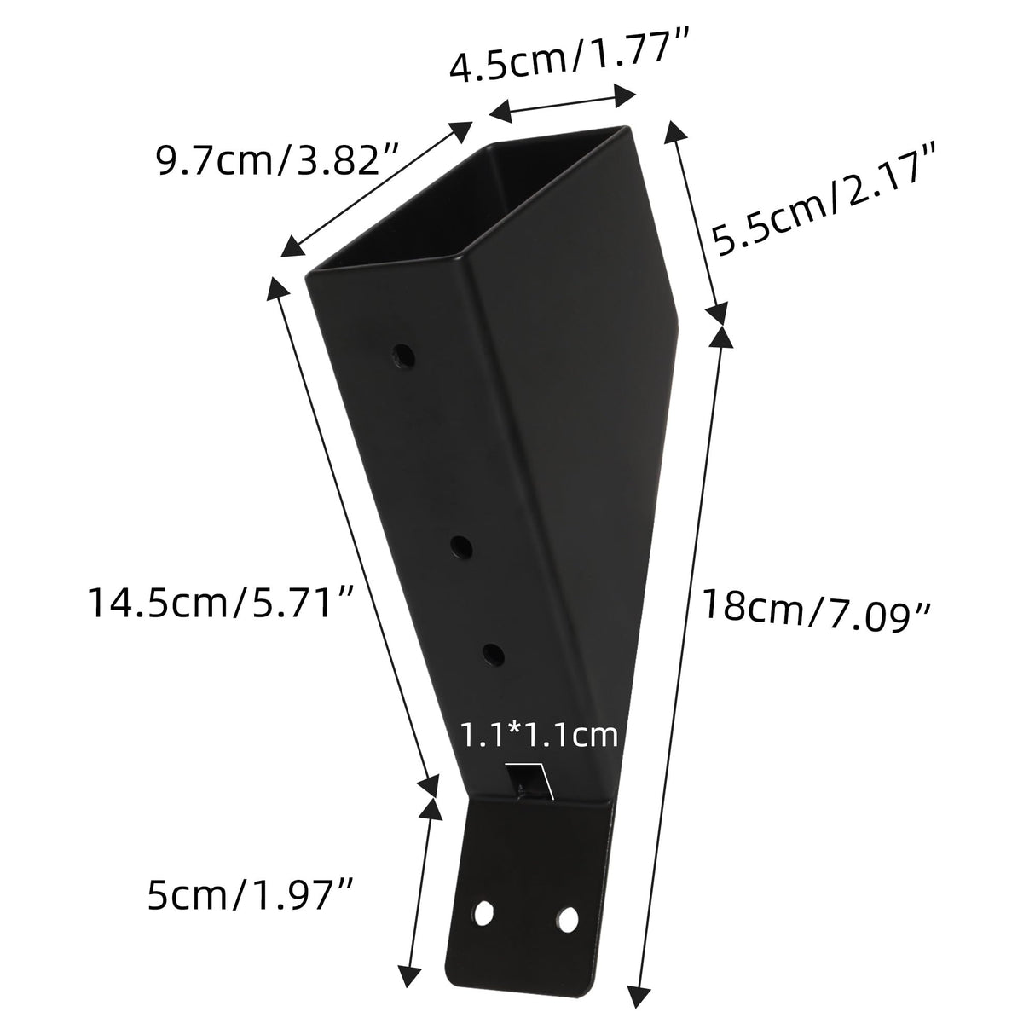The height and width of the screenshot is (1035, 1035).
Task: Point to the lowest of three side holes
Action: coord(493,654)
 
